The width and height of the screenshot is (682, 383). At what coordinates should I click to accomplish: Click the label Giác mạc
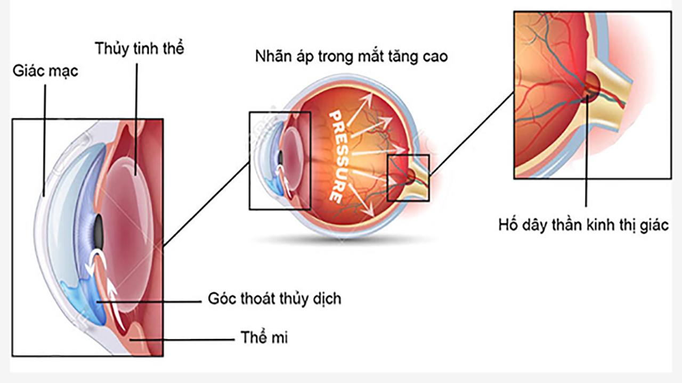click(45, 70)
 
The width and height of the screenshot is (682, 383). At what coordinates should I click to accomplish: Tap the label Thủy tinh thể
click(140, 48)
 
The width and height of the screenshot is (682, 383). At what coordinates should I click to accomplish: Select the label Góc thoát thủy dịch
click(274, 298)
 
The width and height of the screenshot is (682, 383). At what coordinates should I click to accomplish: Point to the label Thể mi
click(264, 337)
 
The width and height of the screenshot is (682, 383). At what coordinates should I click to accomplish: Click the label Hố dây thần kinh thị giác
click(583, 224)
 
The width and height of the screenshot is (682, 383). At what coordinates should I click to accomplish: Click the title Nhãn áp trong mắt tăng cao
click(351, 56)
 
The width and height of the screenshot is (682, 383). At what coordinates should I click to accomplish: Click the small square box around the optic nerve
click(408, 156)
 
